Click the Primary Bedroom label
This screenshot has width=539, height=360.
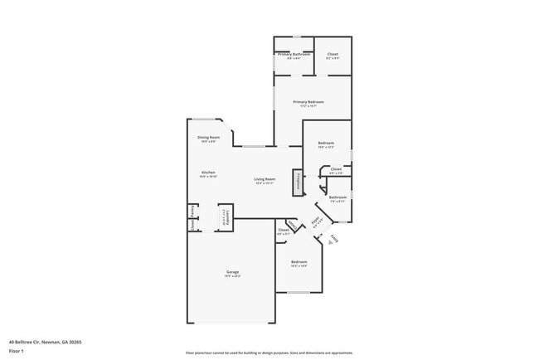pyautogui.click(x=308, y=102)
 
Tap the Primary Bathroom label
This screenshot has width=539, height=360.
pyautogui.click(x=294, y=54)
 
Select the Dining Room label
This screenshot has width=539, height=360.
pyautogui.click(x=208, y=137)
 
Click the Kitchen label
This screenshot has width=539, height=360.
pyautogui.click(x=207, y=173)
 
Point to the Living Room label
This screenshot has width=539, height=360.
pyautogui.click(x=265, y=179)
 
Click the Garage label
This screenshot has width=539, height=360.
pyautogui.click(x=232, y=272)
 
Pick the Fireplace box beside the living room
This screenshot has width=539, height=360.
pyautogui.click(x=297, y=182)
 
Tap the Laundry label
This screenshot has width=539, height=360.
pyautogui.click(x=224, y=218)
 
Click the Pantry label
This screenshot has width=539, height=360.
pyautogui.click(x=192, y=211)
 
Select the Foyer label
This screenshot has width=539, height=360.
pyautogui.click(x=315, y=221)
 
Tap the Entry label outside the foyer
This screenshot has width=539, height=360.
pyautogui.click(x=334, y=239)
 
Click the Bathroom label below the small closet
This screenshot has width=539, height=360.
pyautogui.click(x=337, y=197)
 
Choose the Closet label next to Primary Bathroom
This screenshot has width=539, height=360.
pyautogui.click(x=332, y=54)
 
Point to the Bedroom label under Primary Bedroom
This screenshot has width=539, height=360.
pyautogui.click(x=326, y=144)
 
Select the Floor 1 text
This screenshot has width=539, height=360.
pyautogui.click(x=17, y=351)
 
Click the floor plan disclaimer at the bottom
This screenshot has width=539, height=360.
pyautogui.click(x=269, y=352)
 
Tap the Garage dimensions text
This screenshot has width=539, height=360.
pyautogui.click(x=232, y=276)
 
